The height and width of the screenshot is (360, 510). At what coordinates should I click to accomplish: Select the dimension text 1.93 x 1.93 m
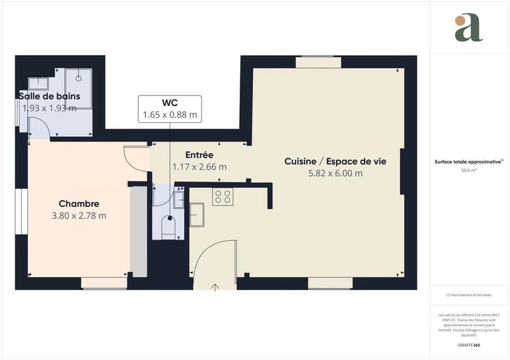coord(49,108)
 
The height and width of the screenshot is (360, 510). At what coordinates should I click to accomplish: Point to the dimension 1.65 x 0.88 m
coord(170,115)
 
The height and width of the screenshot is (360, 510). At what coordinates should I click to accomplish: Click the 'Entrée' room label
coord(199,155)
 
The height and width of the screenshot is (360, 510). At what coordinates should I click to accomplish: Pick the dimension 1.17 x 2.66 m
coord(199,167)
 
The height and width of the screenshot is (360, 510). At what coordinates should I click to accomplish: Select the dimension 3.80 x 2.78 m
coord(78,215)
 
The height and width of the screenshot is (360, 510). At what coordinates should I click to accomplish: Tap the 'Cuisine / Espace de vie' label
coord(335,162)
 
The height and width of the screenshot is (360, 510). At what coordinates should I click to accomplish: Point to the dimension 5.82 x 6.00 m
coord(335,173)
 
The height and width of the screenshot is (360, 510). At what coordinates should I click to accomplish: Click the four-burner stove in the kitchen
coord(222,196)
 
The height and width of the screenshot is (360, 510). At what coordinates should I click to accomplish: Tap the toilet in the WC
coord(168,228)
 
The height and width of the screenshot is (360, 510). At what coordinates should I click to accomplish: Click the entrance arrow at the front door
coord(215,287)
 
